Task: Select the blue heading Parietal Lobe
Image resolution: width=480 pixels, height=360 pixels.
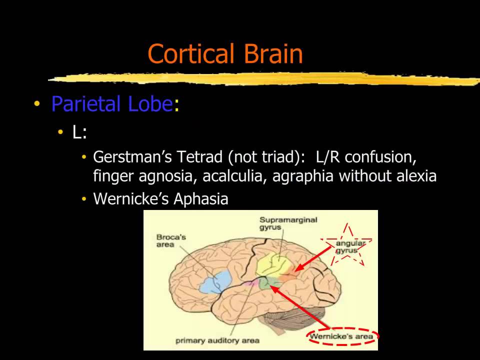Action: (x=112, y=104)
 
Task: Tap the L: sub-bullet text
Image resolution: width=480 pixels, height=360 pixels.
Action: (x=79, y=132)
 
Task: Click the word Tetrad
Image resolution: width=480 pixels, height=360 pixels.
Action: (x=200, y=157)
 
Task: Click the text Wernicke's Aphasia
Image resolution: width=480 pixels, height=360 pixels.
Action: (x=160, y=199)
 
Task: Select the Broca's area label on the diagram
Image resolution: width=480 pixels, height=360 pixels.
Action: (x=171, y=240)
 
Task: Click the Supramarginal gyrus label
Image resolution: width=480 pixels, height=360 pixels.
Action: (x=288, y=223)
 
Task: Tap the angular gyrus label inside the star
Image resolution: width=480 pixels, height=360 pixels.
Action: (x=350, y=246)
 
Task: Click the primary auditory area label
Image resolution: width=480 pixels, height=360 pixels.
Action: (x=217, y=340)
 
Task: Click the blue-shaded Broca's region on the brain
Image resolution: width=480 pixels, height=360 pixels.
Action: (x=215, y=281)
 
